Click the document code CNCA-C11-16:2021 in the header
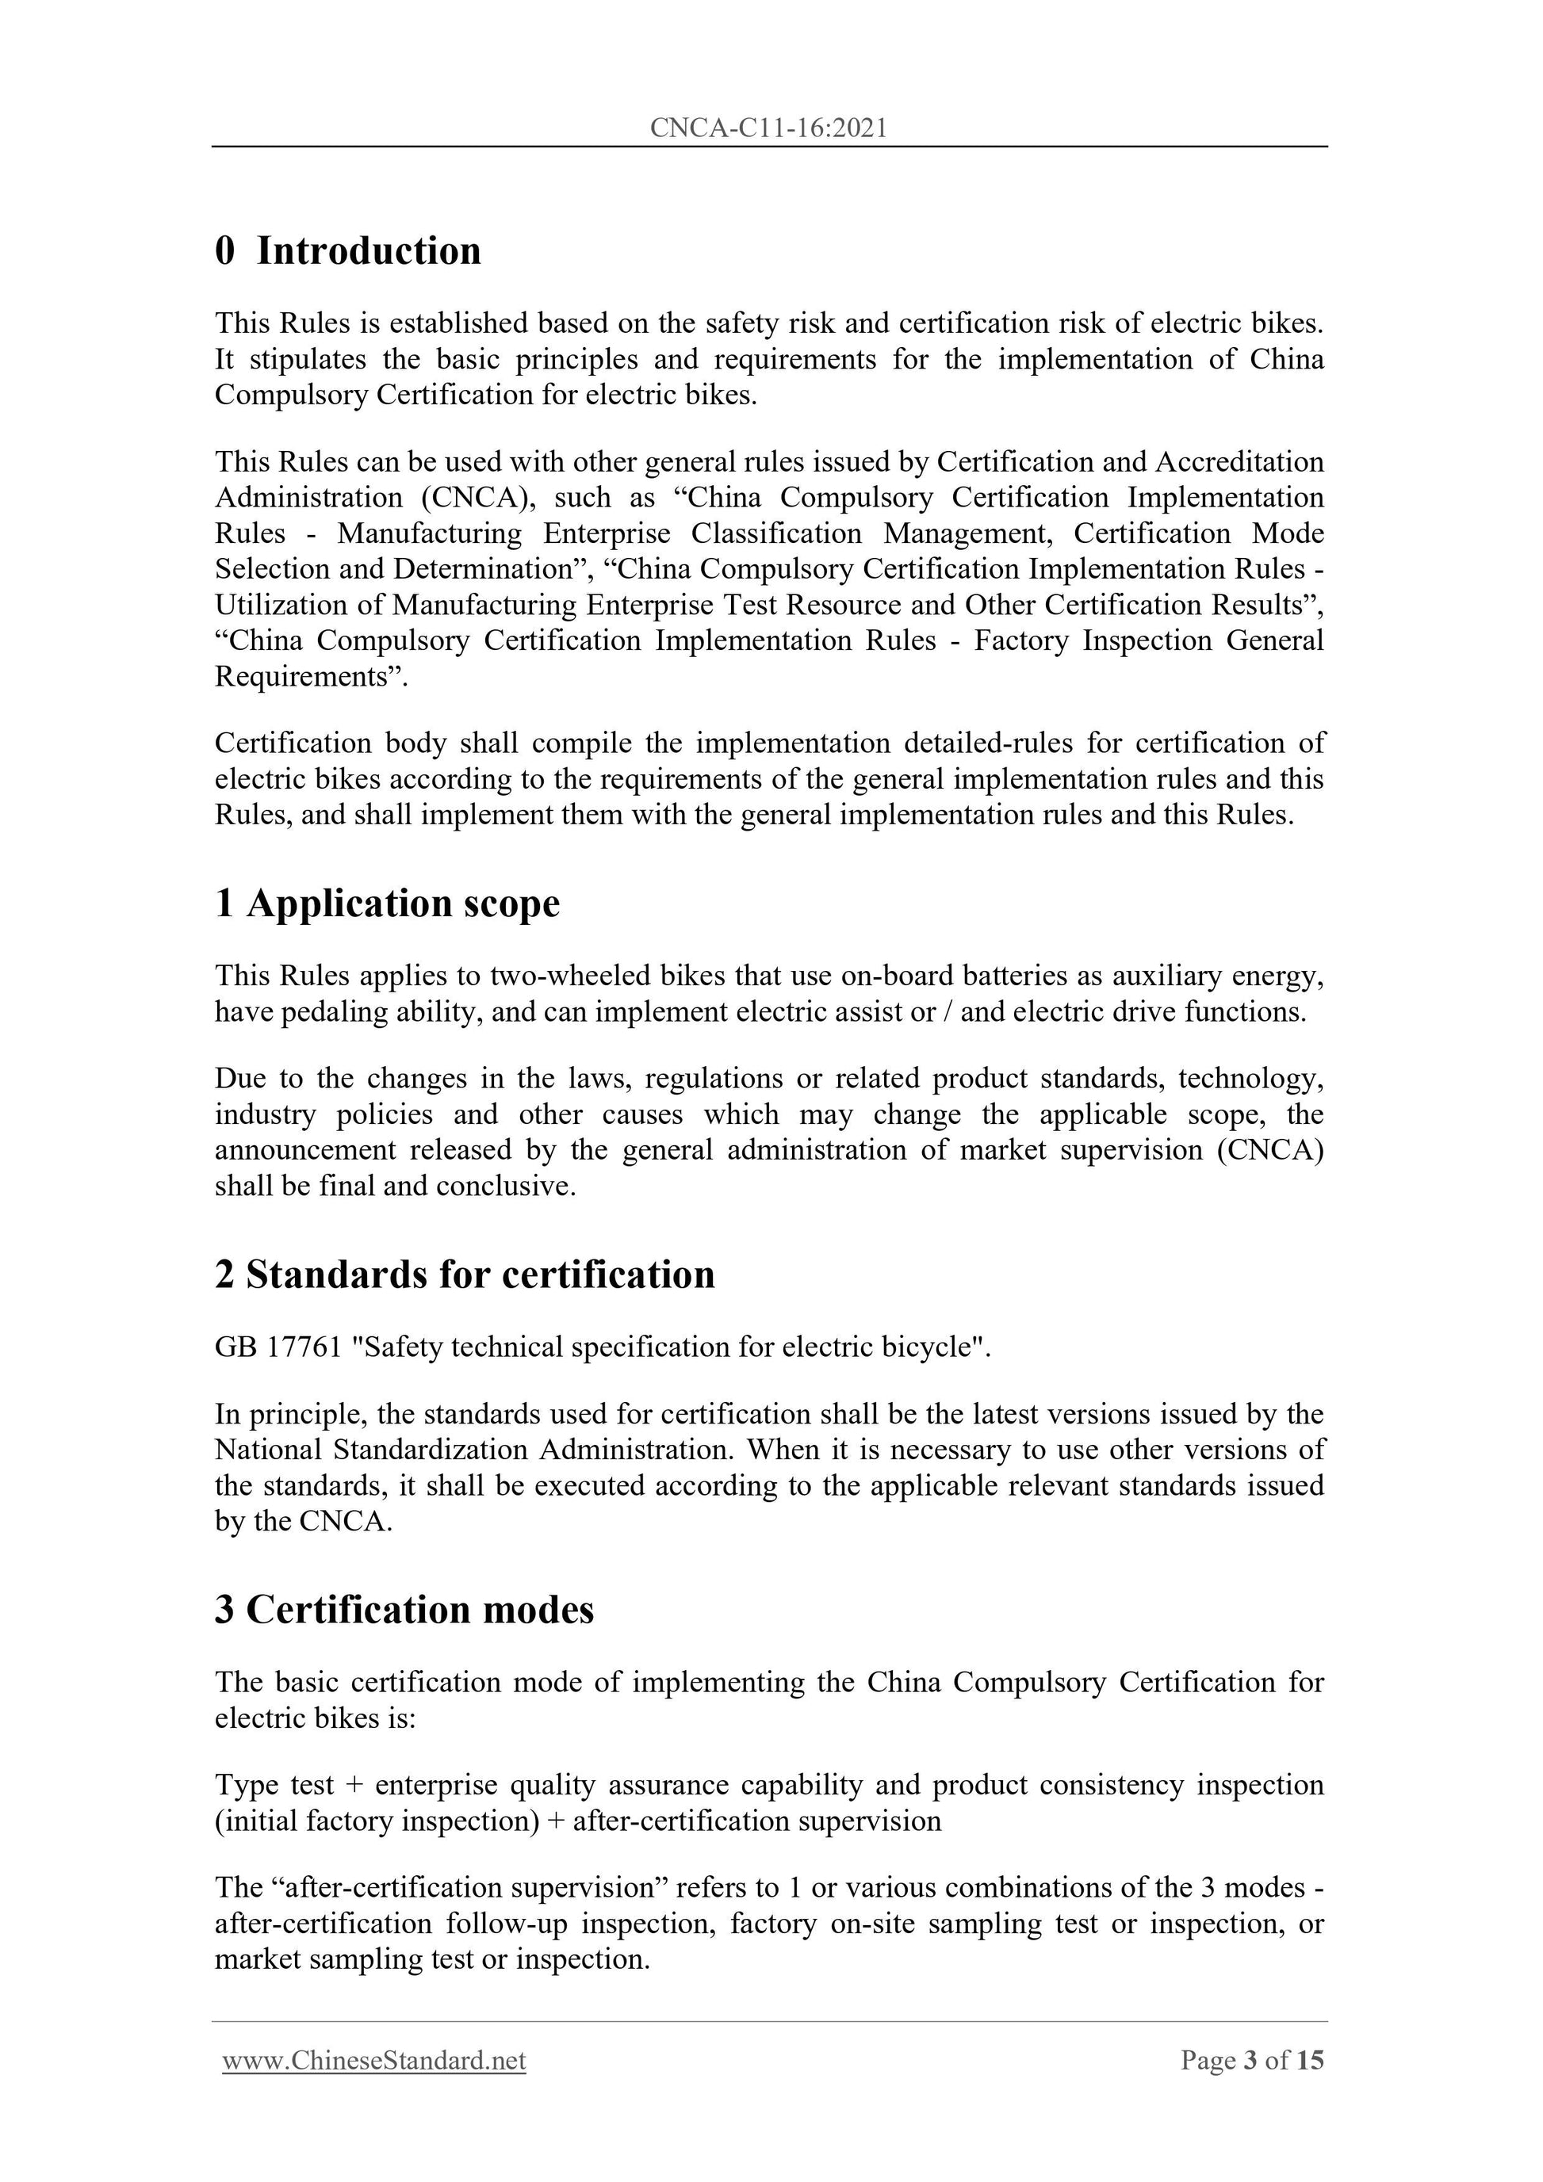click(768, 128)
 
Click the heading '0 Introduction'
click(348, 251)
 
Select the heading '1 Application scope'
click(387, 903)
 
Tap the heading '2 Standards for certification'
click(465, 1274)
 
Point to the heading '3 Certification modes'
click(404, 1609)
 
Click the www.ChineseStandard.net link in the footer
click(373, 2061)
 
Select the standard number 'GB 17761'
click(278, 1347)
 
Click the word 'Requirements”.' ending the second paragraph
click(311, 677)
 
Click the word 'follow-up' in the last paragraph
click(506, 1924)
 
